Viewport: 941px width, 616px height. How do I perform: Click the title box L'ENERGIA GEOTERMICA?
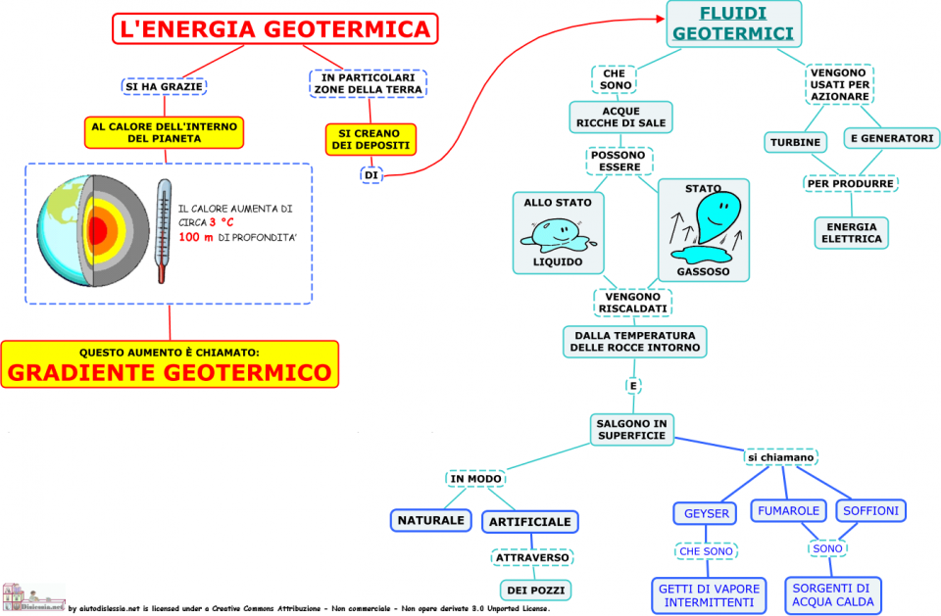[x=274, y=28]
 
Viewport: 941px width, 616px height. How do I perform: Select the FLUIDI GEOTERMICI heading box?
[x=733, y=24]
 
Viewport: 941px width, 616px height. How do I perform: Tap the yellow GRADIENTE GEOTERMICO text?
[x=170, y=373]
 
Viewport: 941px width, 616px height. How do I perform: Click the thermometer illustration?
[x=163, y=230]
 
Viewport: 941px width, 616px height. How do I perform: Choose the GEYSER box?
[x=706, y=513]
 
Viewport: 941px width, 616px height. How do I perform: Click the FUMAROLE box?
[x=788, y=511]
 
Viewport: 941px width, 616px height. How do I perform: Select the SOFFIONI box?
[x=870, y=511]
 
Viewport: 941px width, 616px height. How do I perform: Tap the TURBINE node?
[x=795, y=142]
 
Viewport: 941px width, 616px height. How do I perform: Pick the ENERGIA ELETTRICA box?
[x=851, y=232]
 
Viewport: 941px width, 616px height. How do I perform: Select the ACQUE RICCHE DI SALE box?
[x=620, y=117]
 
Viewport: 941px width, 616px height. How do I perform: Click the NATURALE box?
[x=429, y=520]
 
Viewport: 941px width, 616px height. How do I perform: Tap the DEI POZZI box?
[x=534, y=590]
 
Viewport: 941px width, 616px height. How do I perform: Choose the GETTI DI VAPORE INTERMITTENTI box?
[x=708, y=595]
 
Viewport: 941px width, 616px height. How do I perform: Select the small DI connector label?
[x=371, y=175]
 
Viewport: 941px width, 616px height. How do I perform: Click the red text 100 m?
[x=196, y=239]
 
